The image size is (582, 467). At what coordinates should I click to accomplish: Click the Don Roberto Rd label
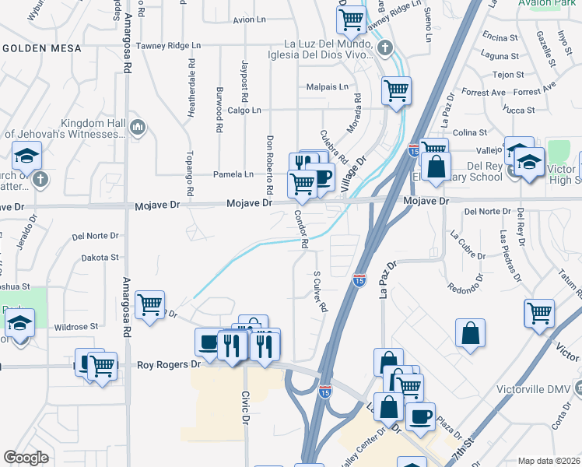[270, 164]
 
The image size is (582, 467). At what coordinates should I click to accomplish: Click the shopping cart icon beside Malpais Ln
[396, 91]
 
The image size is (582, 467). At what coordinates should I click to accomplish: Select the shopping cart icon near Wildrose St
[149, 305]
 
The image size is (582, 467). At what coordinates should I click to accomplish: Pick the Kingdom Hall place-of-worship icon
[138, 126]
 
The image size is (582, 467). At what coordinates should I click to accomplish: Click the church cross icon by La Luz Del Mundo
[385, 48]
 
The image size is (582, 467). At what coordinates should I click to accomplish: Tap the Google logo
[26, 458]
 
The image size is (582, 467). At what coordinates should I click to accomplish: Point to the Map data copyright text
[549, 461]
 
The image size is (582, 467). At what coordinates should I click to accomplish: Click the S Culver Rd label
[319, 292]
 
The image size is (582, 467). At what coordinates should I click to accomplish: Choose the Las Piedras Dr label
[510, 257]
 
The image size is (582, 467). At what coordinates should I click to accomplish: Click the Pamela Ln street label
[233, 174]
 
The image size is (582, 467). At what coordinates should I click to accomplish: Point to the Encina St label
[500, 37]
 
